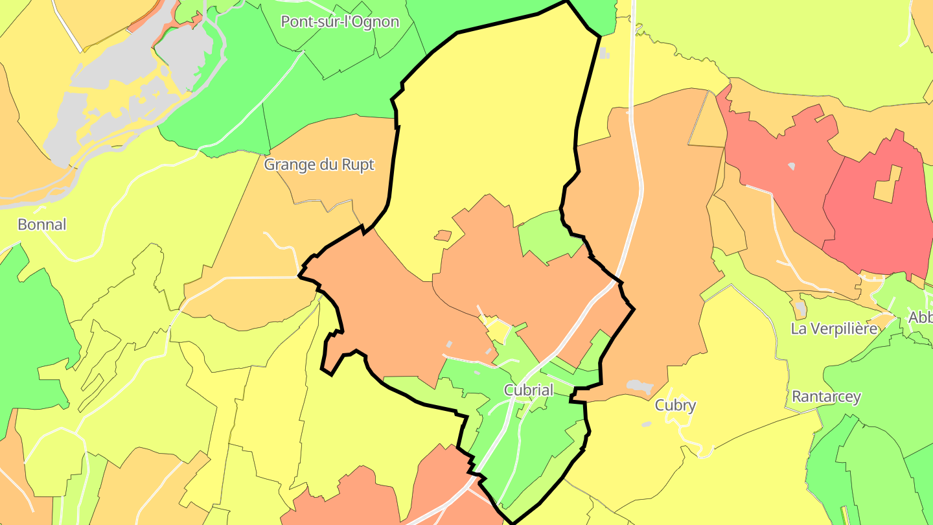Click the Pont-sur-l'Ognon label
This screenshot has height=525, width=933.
pyautogui.click(x=340, y=21)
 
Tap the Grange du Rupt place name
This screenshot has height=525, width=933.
pyautogui.click(x=319, y=165)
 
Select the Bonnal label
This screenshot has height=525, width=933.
pyautogui.click(x=42, y=225)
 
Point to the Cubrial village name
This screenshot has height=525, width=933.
pyautogui.click(x=529, y=390)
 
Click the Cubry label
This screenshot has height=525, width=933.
pyautogui.click(x=675, y=406)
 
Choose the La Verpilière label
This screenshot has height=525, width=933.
pyautogui.click(x=835, y=329)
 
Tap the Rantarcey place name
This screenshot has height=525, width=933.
pyautogui.click(x=827, y=397)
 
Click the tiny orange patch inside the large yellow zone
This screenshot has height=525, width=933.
pyautogui.click(x=443, y=236)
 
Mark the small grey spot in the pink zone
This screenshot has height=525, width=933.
pyautogui.click(x=791, y=167)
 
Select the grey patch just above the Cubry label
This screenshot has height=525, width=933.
pyautogui.click(x=639, y=387)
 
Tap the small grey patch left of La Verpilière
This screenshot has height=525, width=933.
pyautogui.click(x=801, y=309)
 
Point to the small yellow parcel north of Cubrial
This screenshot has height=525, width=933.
pyautogui.click(x=498, y=329)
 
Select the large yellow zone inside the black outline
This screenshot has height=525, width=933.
pyautogui.click(x=486, y=130)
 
